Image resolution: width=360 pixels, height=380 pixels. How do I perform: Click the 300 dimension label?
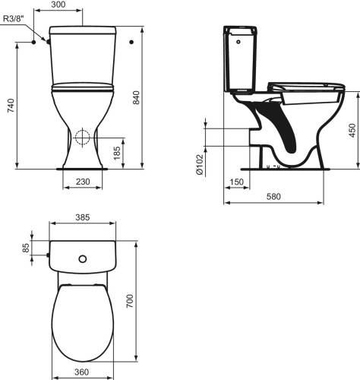(58, 5)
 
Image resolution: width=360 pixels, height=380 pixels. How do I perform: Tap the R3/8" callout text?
(14, 18)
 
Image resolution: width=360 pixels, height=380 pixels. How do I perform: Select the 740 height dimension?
(11, 106)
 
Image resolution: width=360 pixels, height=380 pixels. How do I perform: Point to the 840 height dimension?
(136, 97)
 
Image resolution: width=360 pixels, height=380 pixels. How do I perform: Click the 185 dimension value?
(117, 153)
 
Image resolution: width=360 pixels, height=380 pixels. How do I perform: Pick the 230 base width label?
(83, 182)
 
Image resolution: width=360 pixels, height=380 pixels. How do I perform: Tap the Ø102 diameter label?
(200, 164)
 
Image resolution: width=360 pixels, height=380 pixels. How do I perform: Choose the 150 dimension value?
(237, 182)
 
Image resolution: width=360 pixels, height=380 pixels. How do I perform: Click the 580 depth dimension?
(273, 196)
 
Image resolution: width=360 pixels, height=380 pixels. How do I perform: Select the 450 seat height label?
(352, 131)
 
